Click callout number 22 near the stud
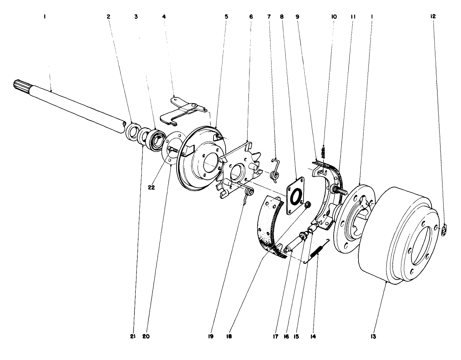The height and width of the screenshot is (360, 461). pyautogui.click(x=151, y=188)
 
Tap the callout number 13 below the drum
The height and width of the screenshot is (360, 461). pyautogui.click(x=373, y=336)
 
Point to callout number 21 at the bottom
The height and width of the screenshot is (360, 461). pyautogui.click(x=133, y=336)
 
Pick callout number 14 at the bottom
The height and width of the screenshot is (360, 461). pyautogui.click(x=313, y=336)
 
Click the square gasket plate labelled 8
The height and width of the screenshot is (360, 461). pyautogui.click(x=295, y=196)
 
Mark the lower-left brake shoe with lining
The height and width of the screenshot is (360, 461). pyautogui.click(x=271, y=226)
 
